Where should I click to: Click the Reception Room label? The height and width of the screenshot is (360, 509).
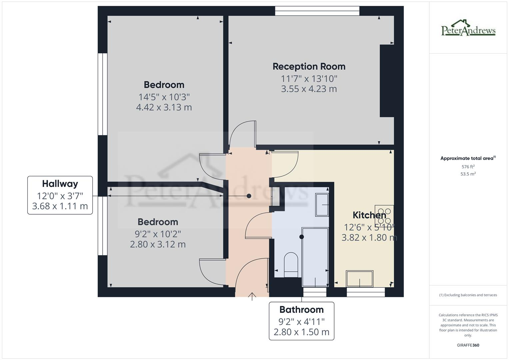click(x=309, y=66)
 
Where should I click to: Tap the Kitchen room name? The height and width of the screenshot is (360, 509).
click(x=369, y=215)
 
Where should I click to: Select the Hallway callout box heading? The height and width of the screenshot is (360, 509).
click(x=60, y=184)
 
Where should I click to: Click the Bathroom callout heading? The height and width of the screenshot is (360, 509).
click(x=301, y=310)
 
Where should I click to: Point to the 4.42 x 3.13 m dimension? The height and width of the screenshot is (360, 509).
click(x=164, y=107)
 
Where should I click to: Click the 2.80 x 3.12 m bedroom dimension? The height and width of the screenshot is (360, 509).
click(x=158, y=244)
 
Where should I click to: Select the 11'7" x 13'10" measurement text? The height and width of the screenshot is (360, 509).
click(x=309, y=79)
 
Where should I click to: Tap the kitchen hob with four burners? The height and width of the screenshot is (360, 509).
click(x=384, y=216)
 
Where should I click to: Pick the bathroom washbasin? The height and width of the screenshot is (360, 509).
click(x=322, y=205)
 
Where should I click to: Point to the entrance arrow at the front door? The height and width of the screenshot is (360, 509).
click(x=252, y=296)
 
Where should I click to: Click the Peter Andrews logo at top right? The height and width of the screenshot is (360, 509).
click(x=468, y=28)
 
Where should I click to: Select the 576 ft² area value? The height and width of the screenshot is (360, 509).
click(x=468, y=167)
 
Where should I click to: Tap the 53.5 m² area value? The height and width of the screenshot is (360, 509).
click(x=468, y=174)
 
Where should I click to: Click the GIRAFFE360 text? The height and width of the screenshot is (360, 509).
click(x=468, y=345)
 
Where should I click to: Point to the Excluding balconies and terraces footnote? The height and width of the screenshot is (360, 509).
click(x=468, y=295)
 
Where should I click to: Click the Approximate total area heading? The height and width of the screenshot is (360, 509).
click(x=468, y=158)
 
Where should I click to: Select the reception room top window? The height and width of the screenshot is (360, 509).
click(x=317, y=11)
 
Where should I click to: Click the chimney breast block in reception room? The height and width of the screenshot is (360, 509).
click(x=387, y=81)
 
